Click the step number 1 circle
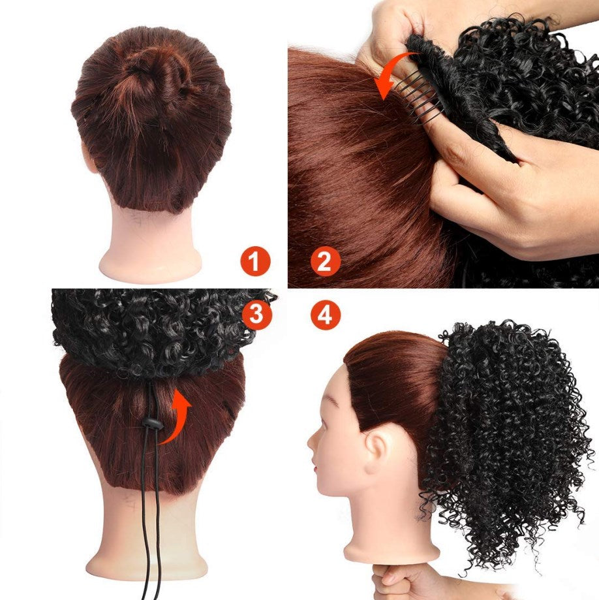255,261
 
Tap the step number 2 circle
325,261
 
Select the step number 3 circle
256,315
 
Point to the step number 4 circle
325,315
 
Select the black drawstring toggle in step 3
152,424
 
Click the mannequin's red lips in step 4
316,467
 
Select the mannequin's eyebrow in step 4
331,401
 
